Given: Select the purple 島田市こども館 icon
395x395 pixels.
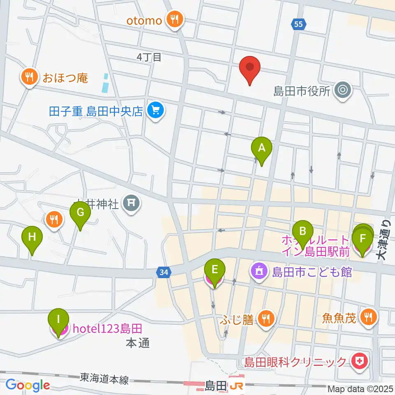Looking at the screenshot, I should click(258, 272).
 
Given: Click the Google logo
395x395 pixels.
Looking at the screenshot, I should click(28, 385).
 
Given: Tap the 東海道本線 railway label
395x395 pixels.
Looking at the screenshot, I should click(105, 378).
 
